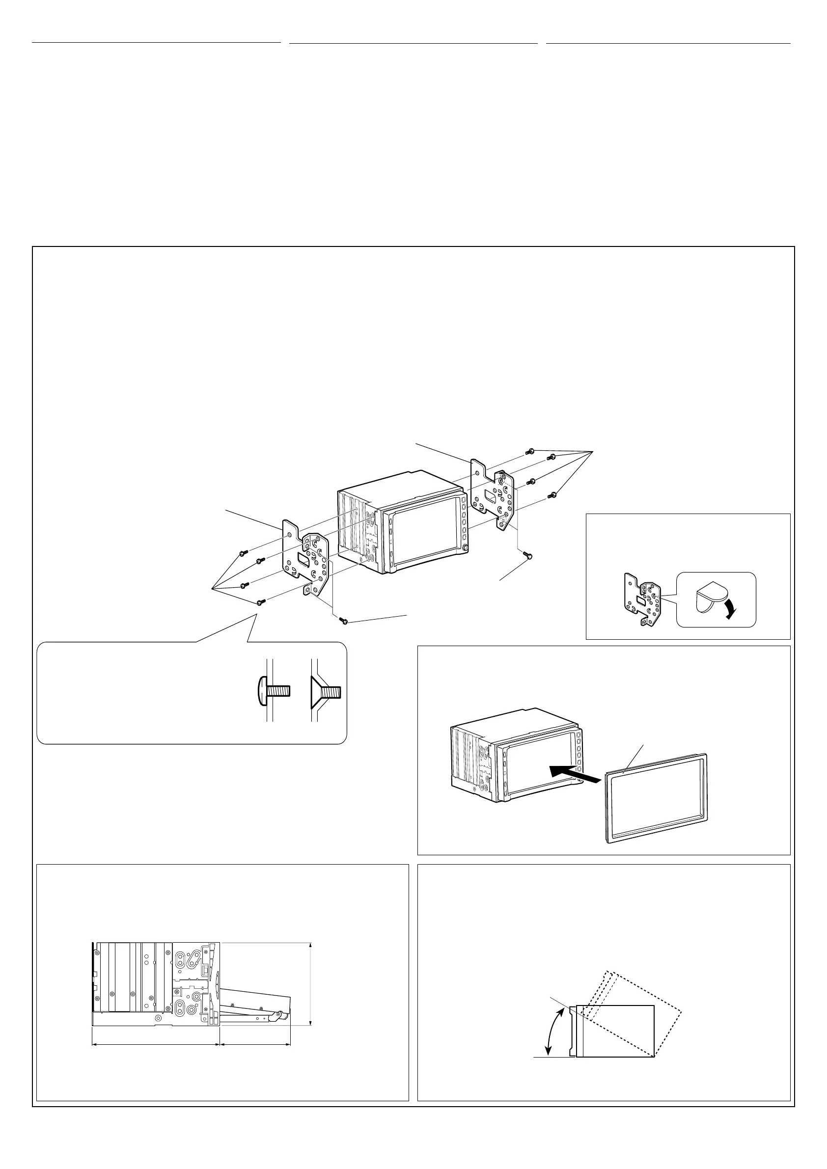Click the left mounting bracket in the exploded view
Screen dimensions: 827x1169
(305, 558)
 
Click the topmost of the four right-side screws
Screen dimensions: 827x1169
(530, 451)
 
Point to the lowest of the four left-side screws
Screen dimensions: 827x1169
(260, 602)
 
